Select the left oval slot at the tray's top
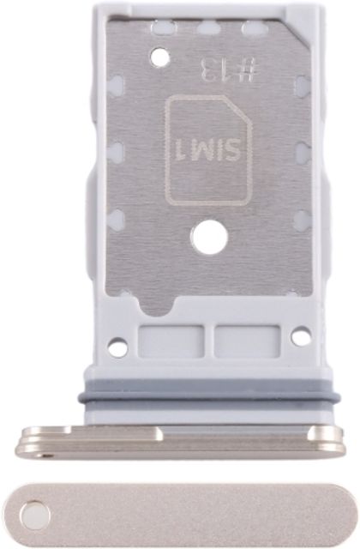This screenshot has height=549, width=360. point(164,27)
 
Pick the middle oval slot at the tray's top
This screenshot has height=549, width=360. point(209,27)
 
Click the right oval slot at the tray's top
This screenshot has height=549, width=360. point(255,27)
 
